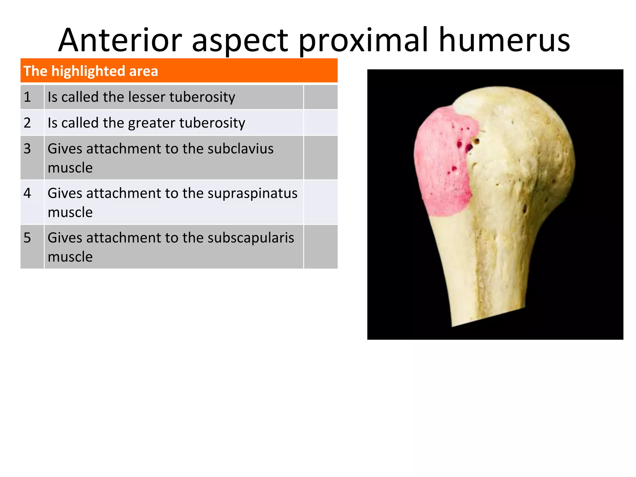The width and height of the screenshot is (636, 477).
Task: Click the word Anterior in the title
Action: [x=120, y=40]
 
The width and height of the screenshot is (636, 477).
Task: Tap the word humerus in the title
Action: [x=504, y=40]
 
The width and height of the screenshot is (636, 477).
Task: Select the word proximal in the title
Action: [x=363, y=40]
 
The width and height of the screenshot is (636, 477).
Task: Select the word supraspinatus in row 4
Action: [x=252, y=193]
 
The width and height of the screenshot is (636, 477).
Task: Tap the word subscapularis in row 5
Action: [x=250, y=238]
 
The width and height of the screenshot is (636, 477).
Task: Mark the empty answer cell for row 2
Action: [x=320, y=123]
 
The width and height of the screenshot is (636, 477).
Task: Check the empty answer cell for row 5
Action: [x=320, y=247]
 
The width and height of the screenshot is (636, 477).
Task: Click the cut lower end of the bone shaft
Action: [x=488, y=315]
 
